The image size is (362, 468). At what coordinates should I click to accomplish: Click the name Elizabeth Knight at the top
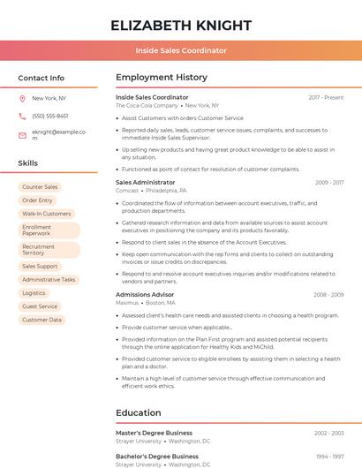tap(181, 25)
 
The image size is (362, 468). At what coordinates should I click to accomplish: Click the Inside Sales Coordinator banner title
tap(181, 50)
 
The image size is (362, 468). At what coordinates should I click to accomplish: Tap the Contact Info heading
tap(41, 78)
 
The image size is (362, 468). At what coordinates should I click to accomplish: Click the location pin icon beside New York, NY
tap(22, 99)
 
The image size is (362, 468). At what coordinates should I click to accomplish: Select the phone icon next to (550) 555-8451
tap(22, 116)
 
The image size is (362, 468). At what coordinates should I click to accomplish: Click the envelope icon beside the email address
tap(22, 134)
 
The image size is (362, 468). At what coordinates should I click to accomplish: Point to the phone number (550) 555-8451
tap(49, 116)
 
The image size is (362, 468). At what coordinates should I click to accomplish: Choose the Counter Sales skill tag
tap(40, 187)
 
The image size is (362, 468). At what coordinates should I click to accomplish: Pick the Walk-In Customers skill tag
tap(46, 214)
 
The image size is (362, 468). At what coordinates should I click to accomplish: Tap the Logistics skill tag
tap(34, 293)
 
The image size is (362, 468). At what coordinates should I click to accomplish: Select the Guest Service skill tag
tap(40, 306)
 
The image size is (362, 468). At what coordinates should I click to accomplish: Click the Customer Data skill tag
tap(41, 320)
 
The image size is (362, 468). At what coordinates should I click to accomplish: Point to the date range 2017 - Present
tap(326, 97)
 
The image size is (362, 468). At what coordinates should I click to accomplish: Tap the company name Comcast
tap(127, 190)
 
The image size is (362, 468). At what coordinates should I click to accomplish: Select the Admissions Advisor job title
tap(145, 294)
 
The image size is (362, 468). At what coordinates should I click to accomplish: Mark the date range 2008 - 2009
tap(328, 294)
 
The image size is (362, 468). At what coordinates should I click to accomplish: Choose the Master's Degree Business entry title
tap(154, 433)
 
